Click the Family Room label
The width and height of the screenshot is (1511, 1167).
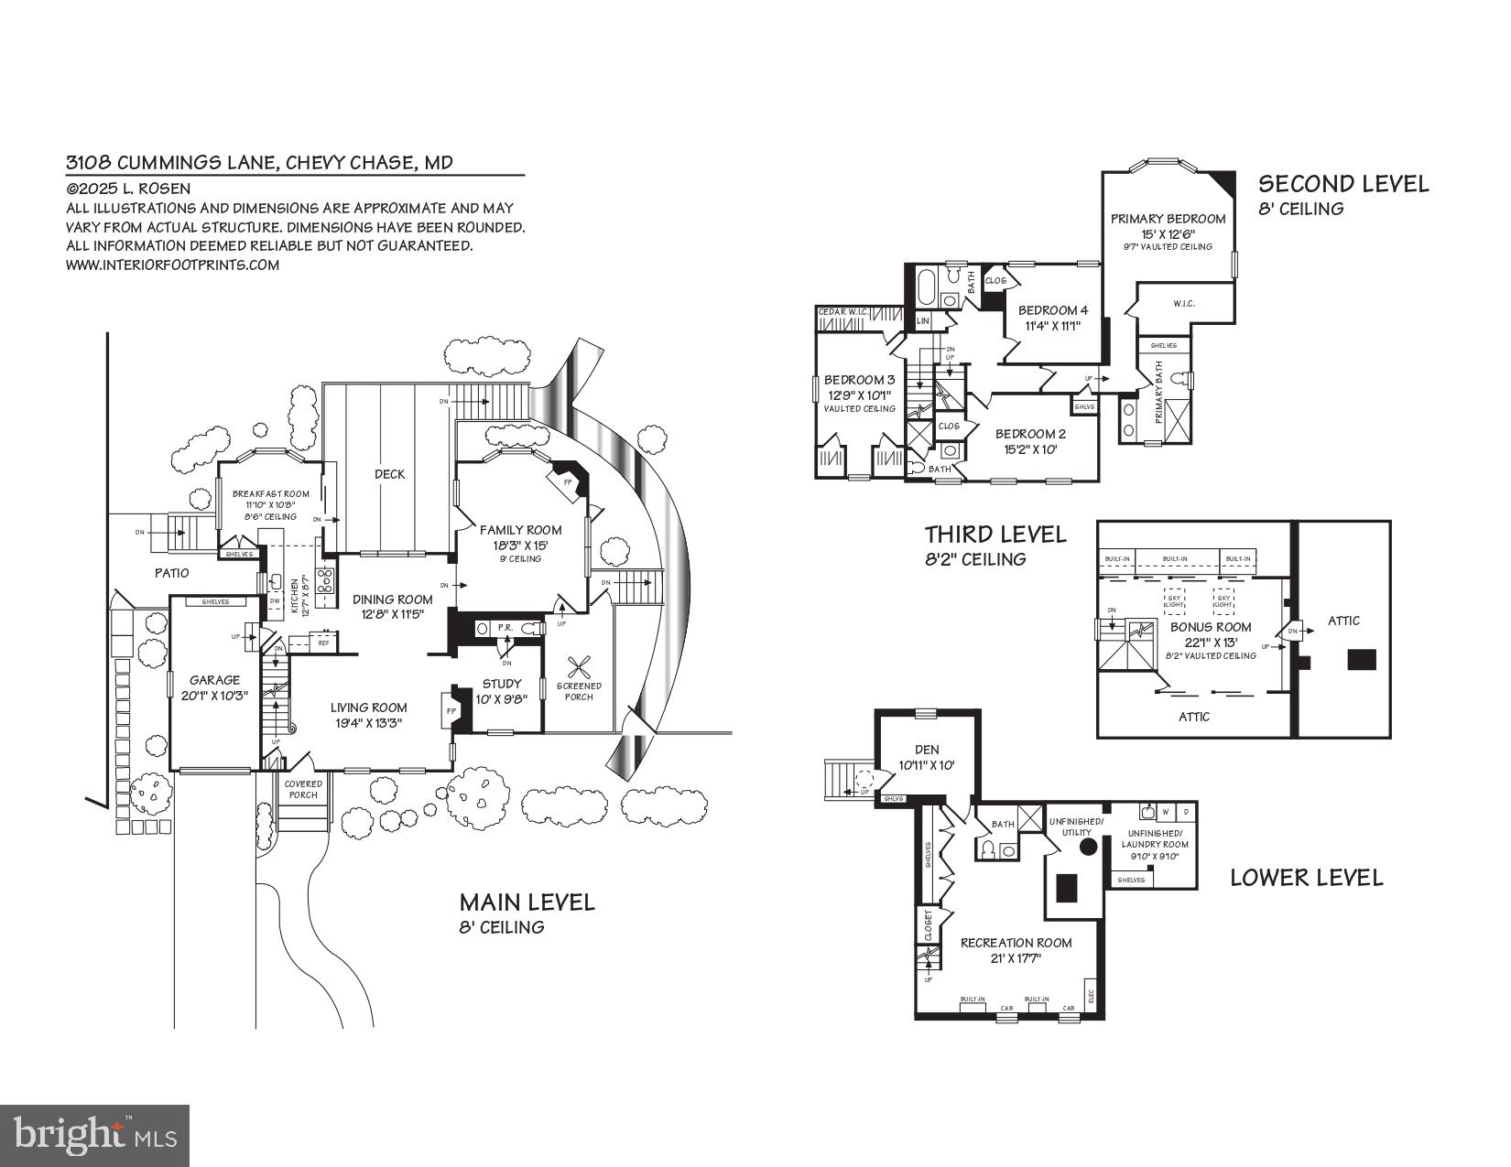pyautogui.click(x=520, y=529)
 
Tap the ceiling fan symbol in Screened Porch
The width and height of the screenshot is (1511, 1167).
pyautogui.click(x=579, y=665)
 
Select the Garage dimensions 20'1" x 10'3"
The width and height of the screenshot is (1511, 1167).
pyautogui.click(x=214, y=696)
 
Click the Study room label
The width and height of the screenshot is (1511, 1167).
pyautogui.click(x=501, y=683)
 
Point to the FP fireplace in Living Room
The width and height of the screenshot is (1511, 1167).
pyautogui.click(x=451, y=710)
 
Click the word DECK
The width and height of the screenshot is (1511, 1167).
pyautogui.click(x=389, y=473)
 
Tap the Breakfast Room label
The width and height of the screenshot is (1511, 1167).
pyautogui.click(x=270, y=493)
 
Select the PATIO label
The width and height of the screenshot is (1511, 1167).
pyautogui.click(x=171, y=573)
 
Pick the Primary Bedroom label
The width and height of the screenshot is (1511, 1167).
pyautogui.click(x=1168, y=219)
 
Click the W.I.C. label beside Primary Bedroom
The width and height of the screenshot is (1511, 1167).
pyautogui.click(x=1184, y=303)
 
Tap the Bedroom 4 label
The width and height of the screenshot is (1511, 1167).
pyautogui.click(x=1053, y=310)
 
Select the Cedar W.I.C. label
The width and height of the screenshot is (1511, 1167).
pyautogui.click(x=843, y=313)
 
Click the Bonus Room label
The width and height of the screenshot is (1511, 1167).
pyautogui.click(x=1211, y=627)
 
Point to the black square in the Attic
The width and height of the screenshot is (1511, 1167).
pyautogui.click(x=1362, y=659)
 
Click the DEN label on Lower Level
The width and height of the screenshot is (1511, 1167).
pyautogui.click(x=927, y=749)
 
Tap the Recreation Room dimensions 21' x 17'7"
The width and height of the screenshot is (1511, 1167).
pyautogui.click(x=1016, y=958)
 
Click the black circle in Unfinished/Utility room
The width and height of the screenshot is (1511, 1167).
pyautogui.click(x=1088, y=847)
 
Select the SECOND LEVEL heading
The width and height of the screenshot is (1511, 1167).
pyautogui.click(x=1343, y=184)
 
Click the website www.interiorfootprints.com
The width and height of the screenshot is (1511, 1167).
pyautogui.click(x=172, y=265)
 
